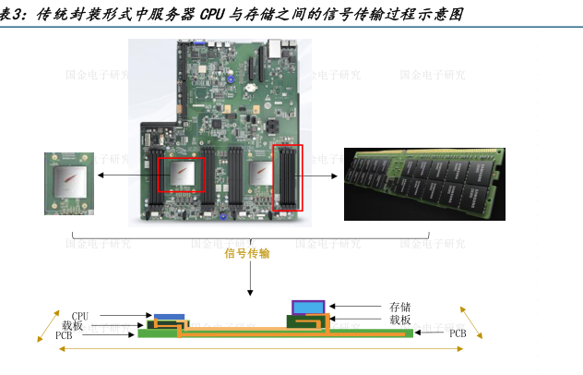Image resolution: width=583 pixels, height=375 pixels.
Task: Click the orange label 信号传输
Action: [x=247, y=253]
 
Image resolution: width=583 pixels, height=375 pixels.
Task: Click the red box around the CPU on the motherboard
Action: [x=181, y=174]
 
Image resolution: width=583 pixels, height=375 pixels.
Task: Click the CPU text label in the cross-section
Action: [x=80, y=317]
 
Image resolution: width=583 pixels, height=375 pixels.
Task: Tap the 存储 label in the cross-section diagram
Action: [x=399, y=307]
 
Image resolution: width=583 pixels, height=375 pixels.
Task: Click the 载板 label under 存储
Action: [x=399, y=320]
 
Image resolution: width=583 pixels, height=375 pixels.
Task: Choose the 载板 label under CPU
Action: [x=73, y=326]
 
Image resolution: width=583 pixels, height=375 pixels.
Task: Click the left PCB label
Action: [x=64, y=335]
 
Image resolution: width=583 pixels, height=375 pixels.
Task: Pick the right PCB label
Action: [x=458, y=333]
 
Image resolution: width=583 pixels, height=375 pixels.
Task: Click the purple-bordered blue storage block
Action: [x=308, y=307]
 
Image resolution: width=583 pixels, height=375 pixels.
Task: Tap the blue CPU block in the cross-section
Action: [x=169, y=317]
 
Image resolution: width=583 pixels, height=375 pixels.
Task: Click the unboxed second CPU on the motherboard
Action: [x=261, y=173]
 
